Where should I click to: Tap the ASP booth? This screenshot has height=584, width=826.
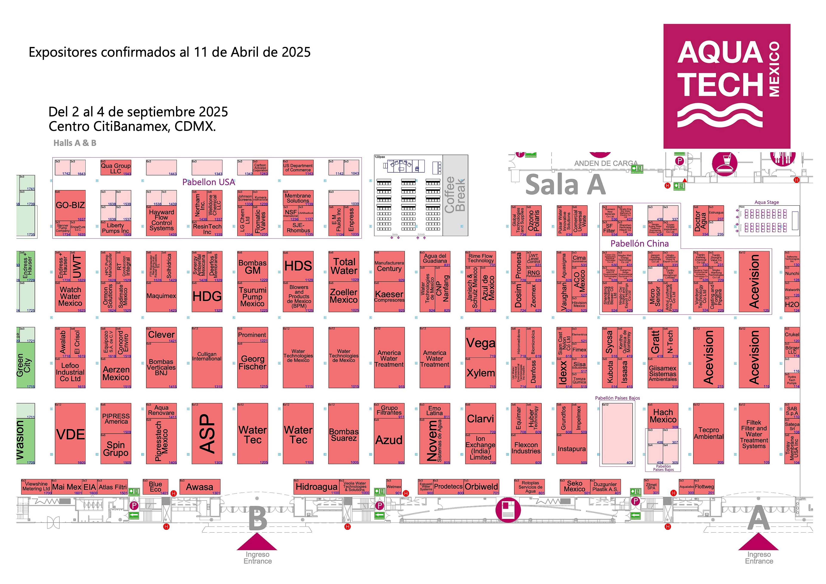[207, 434]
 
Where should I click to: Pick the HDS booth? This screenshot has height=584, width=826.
[298, 266]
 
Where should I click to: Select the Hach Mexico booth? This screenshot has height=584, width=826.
[663, 416]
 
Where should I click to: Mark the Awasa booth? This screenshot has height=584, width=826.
[200, 487]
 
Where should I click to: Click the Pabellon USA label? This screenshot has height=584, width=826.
[209, 182]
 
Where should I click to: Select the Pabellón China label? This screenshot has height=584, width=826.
[639, 244]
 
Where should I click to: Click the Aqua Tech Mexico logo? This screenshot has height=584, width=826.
[726, 86]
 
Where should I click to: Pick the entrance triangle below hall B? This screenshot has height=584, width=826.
[257, 542]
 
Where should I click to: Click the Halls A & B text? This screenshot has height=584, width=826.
[75, 143]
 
